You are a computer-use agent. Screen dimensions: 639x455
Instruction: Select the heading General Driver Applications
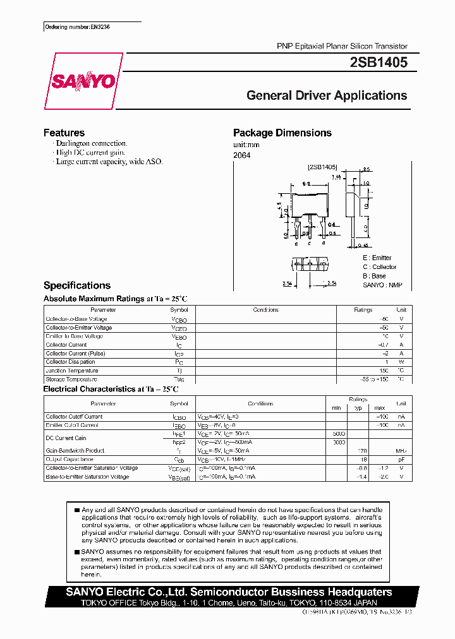[x=326, y=96]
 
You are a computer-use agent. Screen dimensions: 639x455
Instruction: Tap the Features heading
[x=64, y=133]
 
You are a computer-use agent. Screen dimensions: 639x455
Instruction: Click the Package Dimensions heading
[x=282, y=133]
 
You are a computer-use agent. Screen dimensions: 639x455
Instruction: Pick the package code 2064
[x=241, y=155]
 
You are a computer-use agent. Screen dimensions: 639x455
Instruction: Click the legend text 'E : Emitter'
[x=377, y=258]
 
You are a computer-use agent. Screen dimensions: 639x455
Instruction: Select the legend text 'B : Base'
[x=374, y=276]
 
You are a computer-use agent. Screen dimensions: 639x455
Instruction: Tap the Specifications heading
[x=76, y=285]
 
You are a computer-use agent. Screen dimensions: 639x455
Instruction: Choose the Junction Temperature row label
[x=71, y=371]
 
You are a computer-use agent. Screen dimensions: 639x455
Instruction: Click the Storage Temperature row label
[x=71, y=379]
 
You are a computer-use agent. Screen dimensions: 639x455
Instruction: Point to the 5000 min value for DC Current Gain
[x=339, y=434]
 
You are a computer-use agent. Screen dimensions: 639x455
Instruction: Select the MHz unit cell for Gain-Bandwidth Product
[x=401, y=451]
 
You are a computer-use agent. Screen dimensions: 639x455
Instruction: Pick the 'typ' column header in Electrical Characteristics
[x=358, y=408]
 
